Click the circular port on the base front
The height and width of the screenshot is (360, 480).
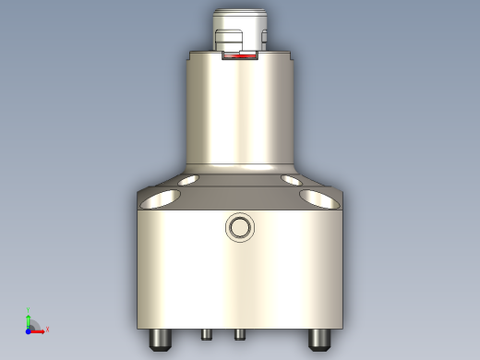[239, 226]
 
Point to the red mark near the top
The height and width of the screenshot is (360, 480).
[242, 57]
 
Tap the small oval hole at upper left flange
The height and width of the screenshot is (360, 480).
[188, 179]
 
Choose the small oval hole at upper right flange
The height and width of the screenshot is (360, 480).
[293, 179]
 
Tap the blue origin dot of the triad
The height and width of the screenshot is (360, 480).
[30, 328]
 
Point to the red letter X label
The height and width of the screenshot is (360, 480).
[47, 329]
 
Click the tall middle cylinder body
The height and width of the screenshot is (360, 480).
[240, 111]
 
